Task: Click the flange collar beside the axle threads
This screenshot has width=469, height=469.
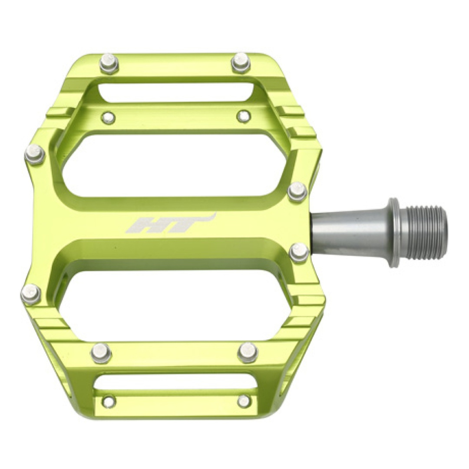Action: [394, 232]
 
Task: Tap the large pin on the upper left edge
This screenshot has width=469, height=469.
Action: [34, 154]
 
